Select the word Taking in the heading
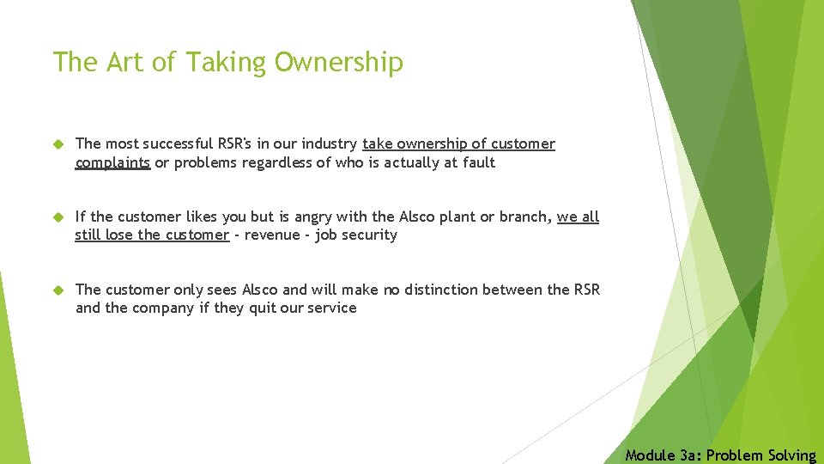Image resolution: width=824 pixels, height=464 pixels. tap(227, 63)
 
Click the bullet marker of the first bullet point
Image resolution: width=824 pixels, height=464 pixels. tap(58, 144)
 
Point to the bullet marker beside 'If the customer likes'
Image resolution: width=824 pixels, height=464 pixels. tap(58, 217)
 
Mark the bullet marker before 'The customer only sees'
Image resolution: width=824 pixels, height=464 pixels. tap(58, 290)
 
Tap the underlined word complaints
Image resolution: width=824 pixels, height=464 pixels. tap(112, 162)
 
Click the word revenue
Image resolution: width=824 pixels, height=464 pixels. tap(272, 235)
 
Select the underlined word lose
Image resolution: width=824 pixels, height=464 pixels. tap(124, 235)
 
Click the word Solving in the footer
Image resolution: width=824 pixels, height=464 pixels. tap(789, 455)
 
